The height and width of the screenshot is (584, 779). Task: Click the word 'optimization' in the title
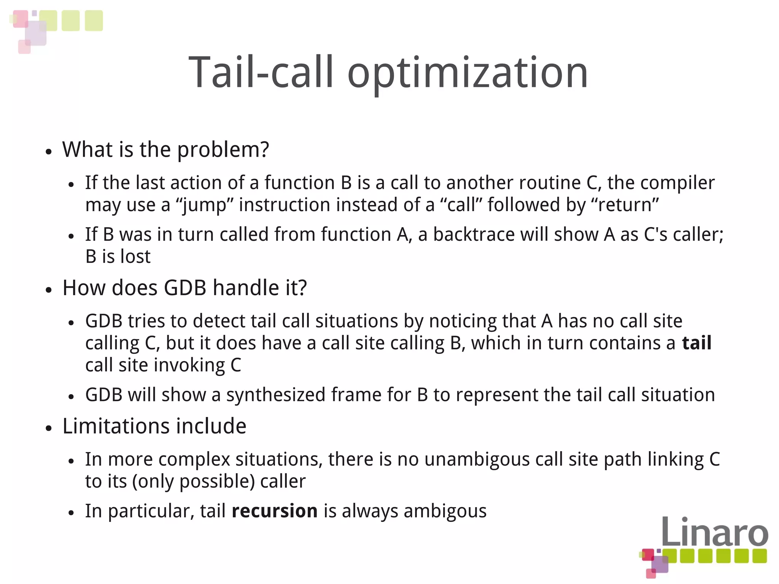(x=467, y=72)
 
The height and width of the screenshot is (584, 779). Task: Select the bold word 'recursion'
(x=274, y=511)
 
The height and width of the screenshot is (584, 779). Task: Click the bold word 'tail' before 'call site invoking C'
(x=696, y=343)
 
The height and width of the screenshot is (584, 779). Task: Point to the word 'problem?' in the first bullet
(x=223, y=150)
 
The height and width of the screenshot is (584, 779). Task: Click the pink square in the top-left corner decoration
(x=21, y=18)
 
